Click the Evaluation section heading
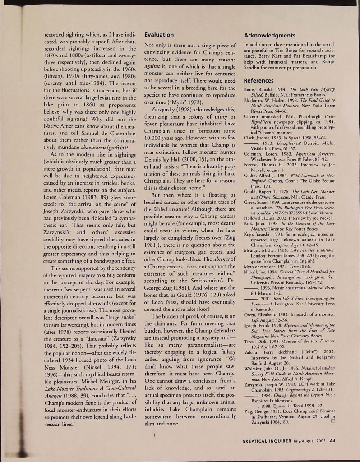tap(158, 35)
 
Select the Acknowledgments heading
tap(269, 35)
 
